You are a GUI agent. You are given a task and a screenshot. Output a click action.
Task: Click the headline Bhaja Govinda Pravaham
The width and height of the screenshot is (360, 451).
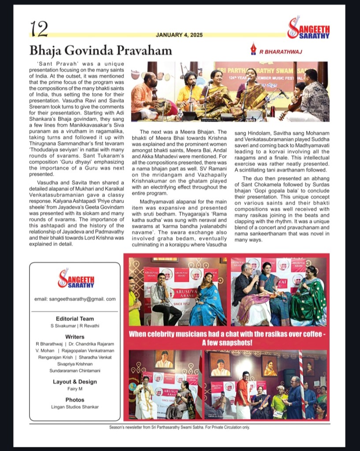tap(100, 50)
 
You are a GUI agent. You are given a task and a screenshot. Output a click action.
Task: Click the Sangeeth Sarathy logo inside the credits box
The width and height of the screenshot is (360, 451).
tap(75, 279)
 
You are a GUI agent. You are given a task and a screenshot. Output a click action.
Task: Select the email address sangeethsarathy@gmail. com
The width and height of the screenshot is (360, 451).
tap(75, 299)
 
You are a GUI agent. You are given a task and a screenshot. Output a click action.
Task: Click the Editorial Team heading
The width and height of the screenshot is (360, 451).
tap(75, 319)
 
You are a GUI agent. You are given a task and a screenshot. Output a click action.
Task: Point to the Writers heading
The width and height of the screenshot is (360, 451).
tap(74, 336)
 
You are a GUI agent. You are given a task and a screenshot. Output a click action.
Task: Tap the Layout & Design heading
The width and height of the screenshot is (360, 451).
tap(74, 382)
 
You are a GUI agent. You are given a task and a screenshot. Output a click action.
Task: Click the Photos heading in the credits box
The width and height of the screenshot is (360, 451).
tap(74, 399)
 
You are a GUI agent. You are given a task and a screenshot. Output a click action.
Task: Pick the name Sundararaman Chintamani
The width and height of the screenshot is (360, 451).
tap(74, 371)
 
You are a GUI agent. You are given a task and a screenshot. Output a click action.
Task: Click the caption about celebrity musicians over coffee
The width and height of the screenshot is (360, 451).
tap(227, 338)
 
